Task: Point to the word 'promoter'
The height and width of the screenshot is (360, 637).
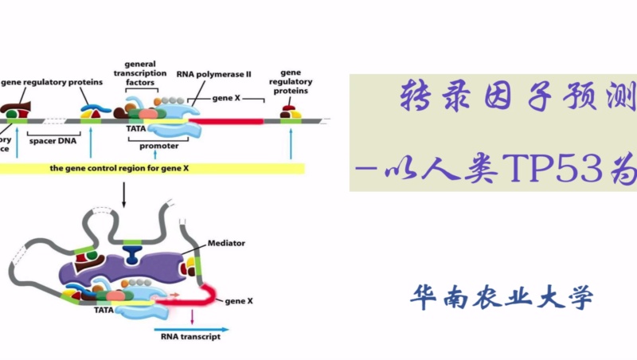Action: tap(158, 146)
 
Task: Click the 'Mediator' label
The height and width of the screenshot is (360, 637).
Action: tap(226, 242)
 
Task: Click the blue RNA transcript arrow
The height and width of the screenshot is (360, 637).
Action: tap(191, 327)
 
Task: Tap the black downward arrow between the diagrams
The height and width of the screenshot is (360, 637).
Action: tap(123, 192)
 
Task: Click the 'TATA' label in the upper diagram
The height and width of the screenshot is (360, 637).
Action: tap(135, 127)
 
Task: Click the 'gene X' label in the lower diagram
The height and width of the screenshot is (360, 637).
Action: tap(239, 302)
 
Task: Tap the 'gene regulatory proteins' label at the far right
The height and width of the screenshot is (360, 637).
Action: tap(289, 81)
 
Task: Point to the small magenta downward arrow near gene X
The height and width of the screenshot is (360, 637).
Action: tap(193, 316)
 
